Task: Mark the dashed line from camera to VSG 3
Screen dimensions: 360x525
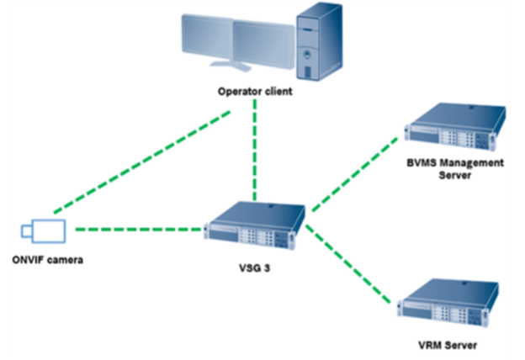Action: click(139, 228)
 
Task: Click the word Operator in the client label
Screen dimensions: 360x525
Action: click(235, 91)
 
